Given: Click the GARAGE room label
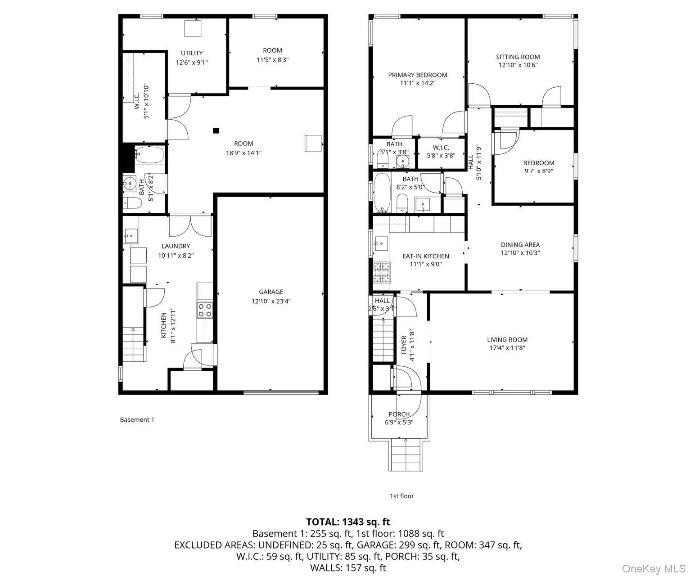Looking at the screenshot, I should point(271,292).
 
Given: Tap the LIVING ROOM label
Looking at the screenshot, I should point(507,340).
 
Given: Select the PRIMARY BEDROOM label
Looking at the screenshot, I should point(417,75).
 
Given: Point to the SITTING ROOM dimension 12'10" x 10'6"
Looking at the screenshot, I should point(518,65).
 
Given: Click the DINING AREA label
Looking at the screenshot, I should point(520,245).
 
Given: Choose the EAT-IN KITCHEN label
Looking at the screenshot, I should point(425,256).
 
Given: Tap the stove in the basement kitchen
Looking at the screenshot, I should point(205,310).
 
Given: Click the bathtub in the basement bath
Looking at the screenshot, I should point(150,155).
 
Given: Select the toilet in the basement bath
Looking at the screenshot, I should point(132,203).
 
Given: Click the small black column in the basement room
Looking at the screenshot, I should point(216,130).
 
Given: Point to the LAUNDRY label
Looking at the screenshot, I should point(176,246).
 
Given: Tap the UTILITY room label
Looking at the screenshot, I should point(192,53).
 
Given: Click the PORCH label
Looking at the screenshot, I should point(399,414).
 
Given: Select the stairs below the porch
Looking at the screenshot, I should point(406,454).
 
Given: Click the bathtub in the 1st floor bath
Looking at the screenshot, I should point(382,193).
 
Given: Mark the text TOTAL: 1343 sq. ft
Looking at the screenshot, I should point(348,522).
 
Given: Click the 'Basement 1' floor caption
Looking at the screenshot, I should point(137,419).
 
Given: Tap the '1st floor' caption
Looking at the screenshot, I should point(401,496).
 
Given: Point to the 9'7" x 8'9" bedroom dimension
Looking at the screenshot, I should point(538,171).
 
